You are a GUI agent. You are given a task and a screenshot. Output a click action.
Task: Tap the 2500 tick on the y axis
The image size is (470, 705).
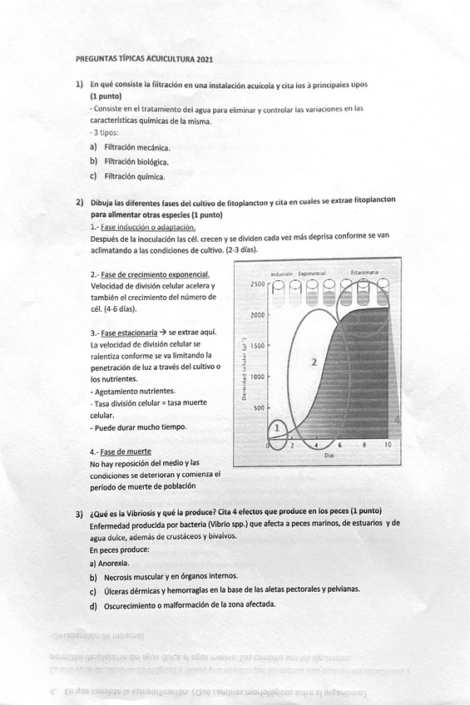tap(257, 284)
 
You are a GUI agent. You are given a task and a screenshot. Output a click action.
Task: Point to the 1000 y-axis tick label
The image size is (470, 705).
tap(257, 377)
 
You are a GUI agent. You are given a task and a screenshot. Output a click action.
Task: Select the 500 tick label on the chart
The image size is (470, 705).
tap(260, 408)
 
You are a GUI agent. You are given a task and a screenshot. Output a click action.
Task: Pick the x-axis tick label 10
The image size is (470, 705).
tap(388, 445)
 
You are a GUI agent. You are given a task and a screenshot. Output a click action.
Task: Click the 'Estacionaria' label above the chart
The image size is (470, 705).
tap(366, 272)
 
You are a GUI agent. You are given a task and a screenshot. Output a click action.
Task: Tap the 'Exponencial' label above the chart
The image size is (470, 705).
tap(317, 273)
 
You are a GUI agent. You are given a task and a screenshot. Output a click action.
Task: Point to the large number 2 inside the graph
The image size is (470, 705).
tap(314, 362)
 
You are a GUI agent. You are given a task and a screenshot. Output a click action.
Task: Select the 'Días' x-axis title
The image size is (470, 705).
tap(329, 456)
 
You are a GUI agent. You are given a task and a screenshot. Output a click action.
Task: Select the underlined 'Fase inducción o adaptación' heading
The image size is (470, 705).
tap(147, 226)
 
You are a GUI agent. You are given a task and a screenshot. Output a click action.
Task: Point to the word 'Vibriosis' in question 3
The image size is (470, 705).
tap(159, 510)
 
